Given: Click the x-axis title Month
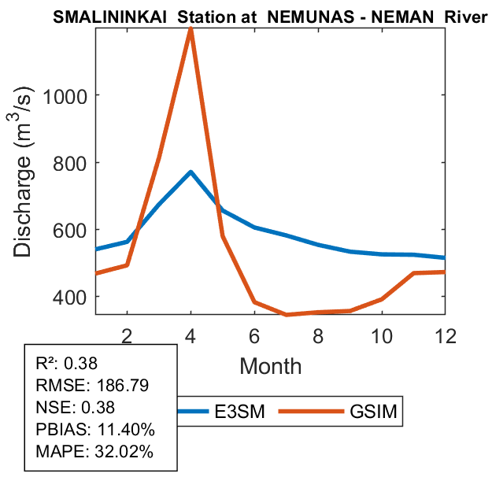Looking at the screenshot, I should (x=270, y=366).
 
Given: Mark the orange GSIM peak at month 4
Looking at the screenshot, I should (x=191, y=29).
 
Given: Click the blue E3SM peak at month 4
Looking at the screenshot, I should (x=191, y=172).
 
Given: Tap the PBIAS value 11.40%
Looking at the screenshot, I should (x=126, y=430).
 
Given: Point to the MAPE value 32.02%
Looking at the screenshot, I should (x=123, y=452).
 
